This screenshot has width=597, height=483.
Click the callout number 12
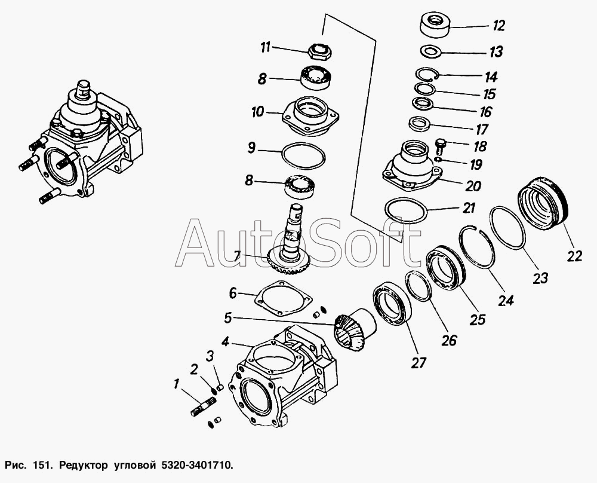[498, 26]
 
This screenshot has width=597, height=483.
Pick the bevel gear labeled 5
[355, 329]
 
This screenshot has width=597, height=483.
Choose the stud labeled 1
[202, 406]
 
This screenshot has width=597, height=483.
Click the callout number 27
[418, 363]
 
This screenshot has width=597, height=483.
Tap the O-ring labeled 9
[304, 155]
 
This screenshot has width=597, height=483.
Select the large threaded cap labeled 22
[543, 204]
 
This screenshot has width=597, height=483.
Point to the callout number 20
[473, 186]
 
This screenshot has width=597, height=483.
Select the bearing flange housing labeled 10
[310, 116]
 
